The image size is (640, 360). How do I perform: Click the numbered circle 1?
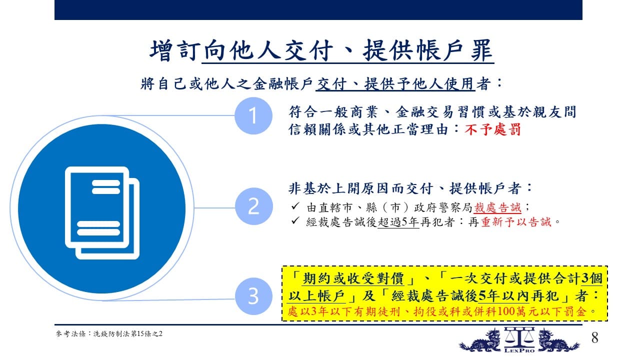(x=253, y=115)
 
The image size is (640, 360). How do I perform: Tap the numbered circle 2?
(x=253, y=206)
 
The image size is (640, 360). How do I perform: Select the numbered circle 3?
(x=253, y=296)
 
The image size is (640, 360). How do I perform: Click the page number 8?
(x=594, y=337)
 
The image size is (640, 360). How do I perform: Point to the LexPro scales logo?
(x=519, y=340)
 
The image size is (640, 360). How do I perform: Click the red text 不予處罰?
(x=492, y=129)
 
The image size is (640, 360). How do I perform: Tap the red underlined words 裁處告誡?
(x=497, y=207)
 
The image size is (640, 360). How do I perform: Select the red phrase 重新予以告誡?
(x=516, y=222)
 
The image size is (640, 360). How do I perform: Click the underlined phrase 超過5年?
(x=398, y=222)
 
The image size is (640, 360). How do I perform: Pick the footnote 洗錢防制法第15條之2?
(x=127, y=333)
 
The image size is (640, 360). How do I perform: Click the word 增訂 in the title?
(x=174, y=50)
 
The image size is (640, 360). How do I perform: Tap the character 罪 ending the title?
(x=481, y=50)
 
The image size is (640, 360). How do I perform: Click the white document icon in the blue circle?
(x=102, y=213)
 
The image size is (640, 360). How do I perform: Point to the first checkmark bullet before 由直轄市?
(x=295, y=206)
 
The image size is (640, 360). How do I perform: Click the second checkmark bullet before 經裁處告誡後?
(x=295, y=220)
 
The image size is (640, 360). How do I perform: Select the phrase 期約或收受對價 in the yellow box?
(x=353, y=278)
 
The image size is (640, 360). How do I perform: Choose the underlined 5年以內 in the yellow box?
(x=503, y=295)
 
